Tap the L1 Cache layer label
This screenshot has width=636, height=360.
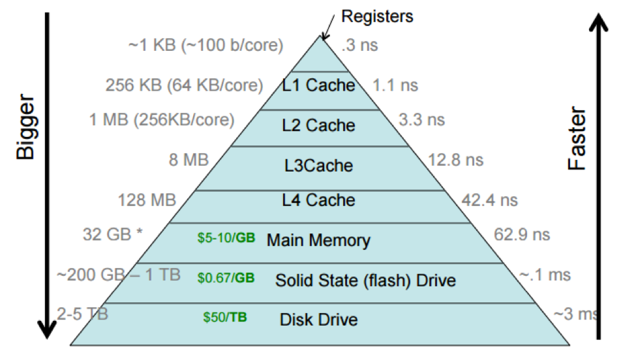click(318, 85)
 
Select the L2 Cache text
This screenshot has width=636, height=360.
click(318, 125)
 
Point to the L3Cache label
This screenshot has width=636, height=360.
click(319, 166)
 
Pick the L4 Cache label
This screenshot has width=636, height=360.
click(318, 200)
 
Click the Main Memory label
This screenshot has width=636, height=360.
click(318, 240)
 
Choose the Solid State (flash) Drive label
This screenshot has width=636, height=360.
click(365, 280)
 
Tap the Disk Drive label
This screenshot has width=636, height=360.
click(318, 320)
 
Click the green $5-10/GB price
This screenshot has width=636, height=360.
click(226, 239)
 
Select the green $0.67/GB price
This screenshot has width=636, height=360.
click(226, 278)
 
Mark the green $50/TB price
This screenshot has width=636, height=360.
click(225, 318)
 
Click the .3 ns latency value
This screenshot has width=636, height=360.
click(360, 46)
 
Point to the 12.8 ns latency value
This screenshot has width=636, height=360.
click(456, 160)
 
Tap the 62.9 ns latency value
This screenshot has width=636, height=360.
click(522, 234)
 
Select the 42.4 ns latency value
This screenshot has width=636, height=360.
click(489, 200)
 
